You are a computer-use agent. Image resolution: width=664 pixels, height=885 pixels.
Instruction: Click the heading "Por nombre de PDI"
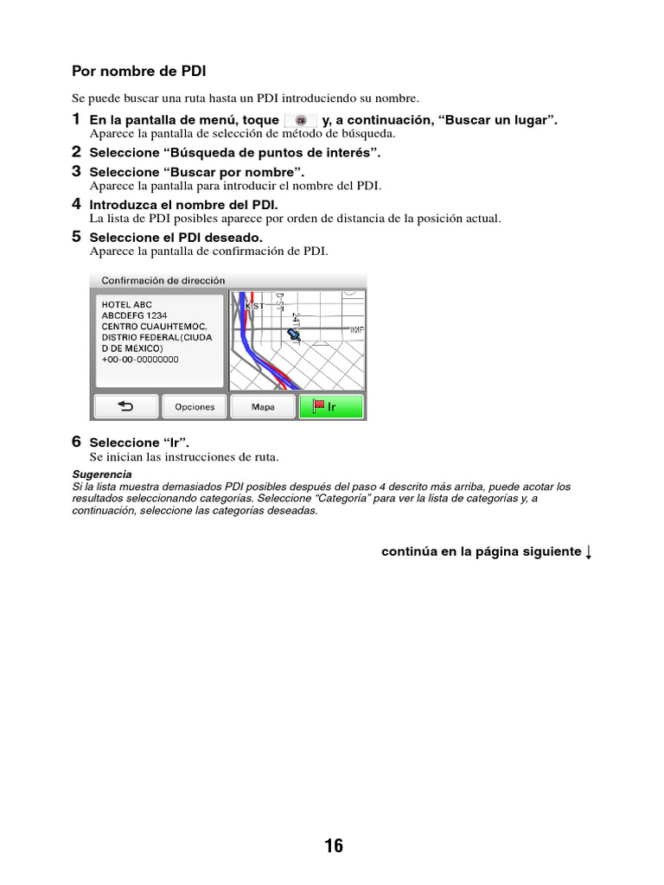(138, 71)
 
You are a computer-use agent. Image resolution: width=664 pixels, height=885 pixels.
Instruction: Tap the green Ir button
(331, 406)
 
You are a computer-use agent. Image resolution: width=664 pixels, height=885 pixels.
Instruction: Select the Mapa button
(263, 406)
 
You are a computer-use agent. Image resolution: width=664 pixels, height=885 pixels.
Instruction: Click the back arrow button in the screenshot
(126, 406)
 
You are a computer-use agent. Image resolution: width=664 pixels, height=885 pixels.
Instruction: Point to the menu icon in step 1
(300, 120)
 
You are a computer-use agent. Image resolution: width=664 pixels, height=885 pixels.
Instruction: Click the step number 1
(76, 119)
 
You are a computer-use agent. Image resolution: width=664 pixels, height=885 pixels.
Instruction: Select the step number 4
(76, 205)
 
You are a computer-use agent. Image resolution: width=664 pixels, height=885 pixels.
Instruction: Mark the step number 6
(76, 442)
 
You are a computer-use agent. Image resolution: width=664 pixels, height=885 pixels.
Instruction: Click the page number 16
(334, 846)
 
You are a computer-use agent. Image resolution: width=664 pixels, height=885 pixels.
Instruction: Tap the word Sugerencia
(102, 474)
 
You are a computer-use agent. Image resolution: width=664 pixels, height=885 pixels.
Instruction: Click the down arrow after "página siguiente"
(589, 552)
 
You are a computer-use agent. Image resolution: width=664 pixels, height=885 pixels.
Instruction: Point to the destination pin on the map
(295, 333)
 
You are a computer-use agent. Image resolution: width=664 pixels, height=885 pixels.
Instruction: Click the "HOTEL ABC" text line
(126, 305)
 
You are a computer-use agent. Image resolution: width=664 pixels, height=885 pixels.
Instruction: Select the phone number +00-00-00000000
(140, 360)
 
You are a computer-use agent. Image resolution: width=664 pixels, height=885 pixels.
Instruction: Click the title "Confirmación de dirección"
(163, 281)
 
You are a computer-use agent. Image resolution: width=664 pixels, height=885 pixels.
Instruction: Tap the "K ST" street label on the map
(255, 306)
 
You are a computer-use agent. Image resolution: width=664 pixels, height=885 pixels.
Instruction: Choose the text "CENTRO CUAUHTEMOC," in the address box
(154, 327)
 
